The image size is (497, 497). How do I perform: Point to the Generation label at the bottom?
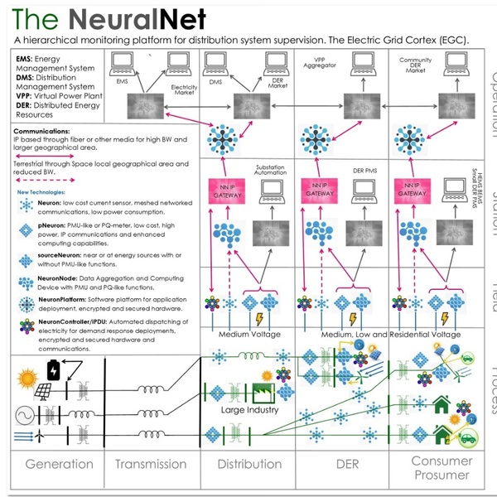(59, 464)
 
